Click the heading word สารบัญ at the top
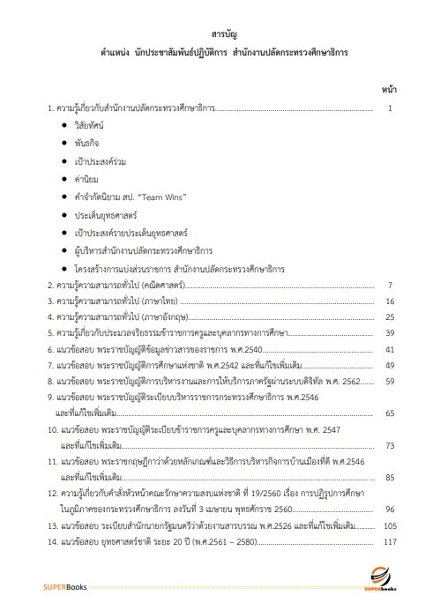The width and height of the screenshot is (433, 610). point(216,34)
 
